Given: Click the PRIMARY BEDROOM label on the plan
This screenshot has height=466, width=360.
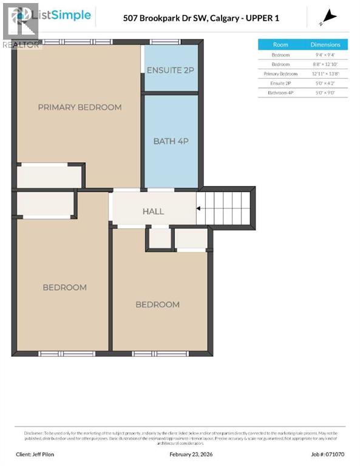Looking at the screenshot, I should (x=80, y=107).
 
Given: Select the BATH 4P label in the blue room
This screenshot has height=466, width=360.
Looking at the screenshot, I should (x=171, y=141).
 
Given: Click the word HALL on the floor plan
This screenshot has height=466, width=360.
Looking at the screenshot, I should (x=153, y=211).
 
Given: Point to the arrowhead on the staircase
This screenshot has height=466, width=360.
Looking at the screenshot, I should (x=200, y=208).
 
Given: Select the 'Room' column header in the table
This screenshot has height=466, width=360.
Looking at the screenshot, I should (x=280, y=45).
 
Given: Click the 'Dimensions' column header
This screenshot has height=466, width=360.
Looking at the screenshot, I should (x=325, y=45).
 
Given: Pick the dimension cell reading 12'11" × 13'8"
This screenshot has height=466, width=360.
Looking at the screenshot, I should (x=325, y=73).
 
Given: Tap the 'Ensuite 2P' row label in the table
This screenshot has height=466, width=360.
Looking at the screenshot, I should (x=280, y=83).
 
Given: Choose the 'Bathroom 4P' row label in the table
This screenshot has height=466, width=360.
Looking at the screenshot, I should (x=280, y=93).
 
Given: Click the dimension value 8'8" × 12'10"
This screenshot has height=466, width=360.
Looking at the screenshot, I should (x=325, y=64).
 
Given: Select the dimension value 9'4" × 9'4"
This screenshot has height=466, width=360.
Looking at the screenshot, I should (x=325, y=55).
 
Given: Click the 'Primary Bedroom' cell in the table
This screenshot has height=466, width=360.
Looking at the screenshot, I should (x=280, y=73).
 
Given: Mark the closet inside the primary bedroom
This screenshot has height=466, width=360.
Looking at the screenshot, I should (x=49, y=177).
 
